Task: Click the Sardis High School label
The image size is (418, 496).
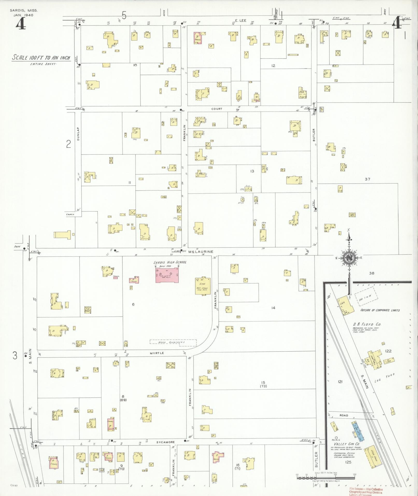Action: tap(170, 262)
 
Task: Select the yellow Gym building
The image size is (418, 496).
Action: tap(203, 286)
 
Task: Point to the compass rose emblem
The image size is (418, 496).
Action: tap(349, 257)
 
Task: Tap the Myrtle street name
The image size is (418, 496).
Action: tap(157, 353)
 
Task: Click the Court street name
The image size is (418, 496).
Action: tap(217, 109)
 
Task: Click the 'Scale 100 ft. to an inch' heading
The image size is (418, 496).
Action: tap(41, 58)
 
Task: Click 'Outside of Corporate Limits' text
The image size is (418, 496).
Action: tap(380, 310)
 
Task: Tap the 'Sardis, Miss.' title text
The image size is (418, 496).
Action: tap(24, 11)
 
